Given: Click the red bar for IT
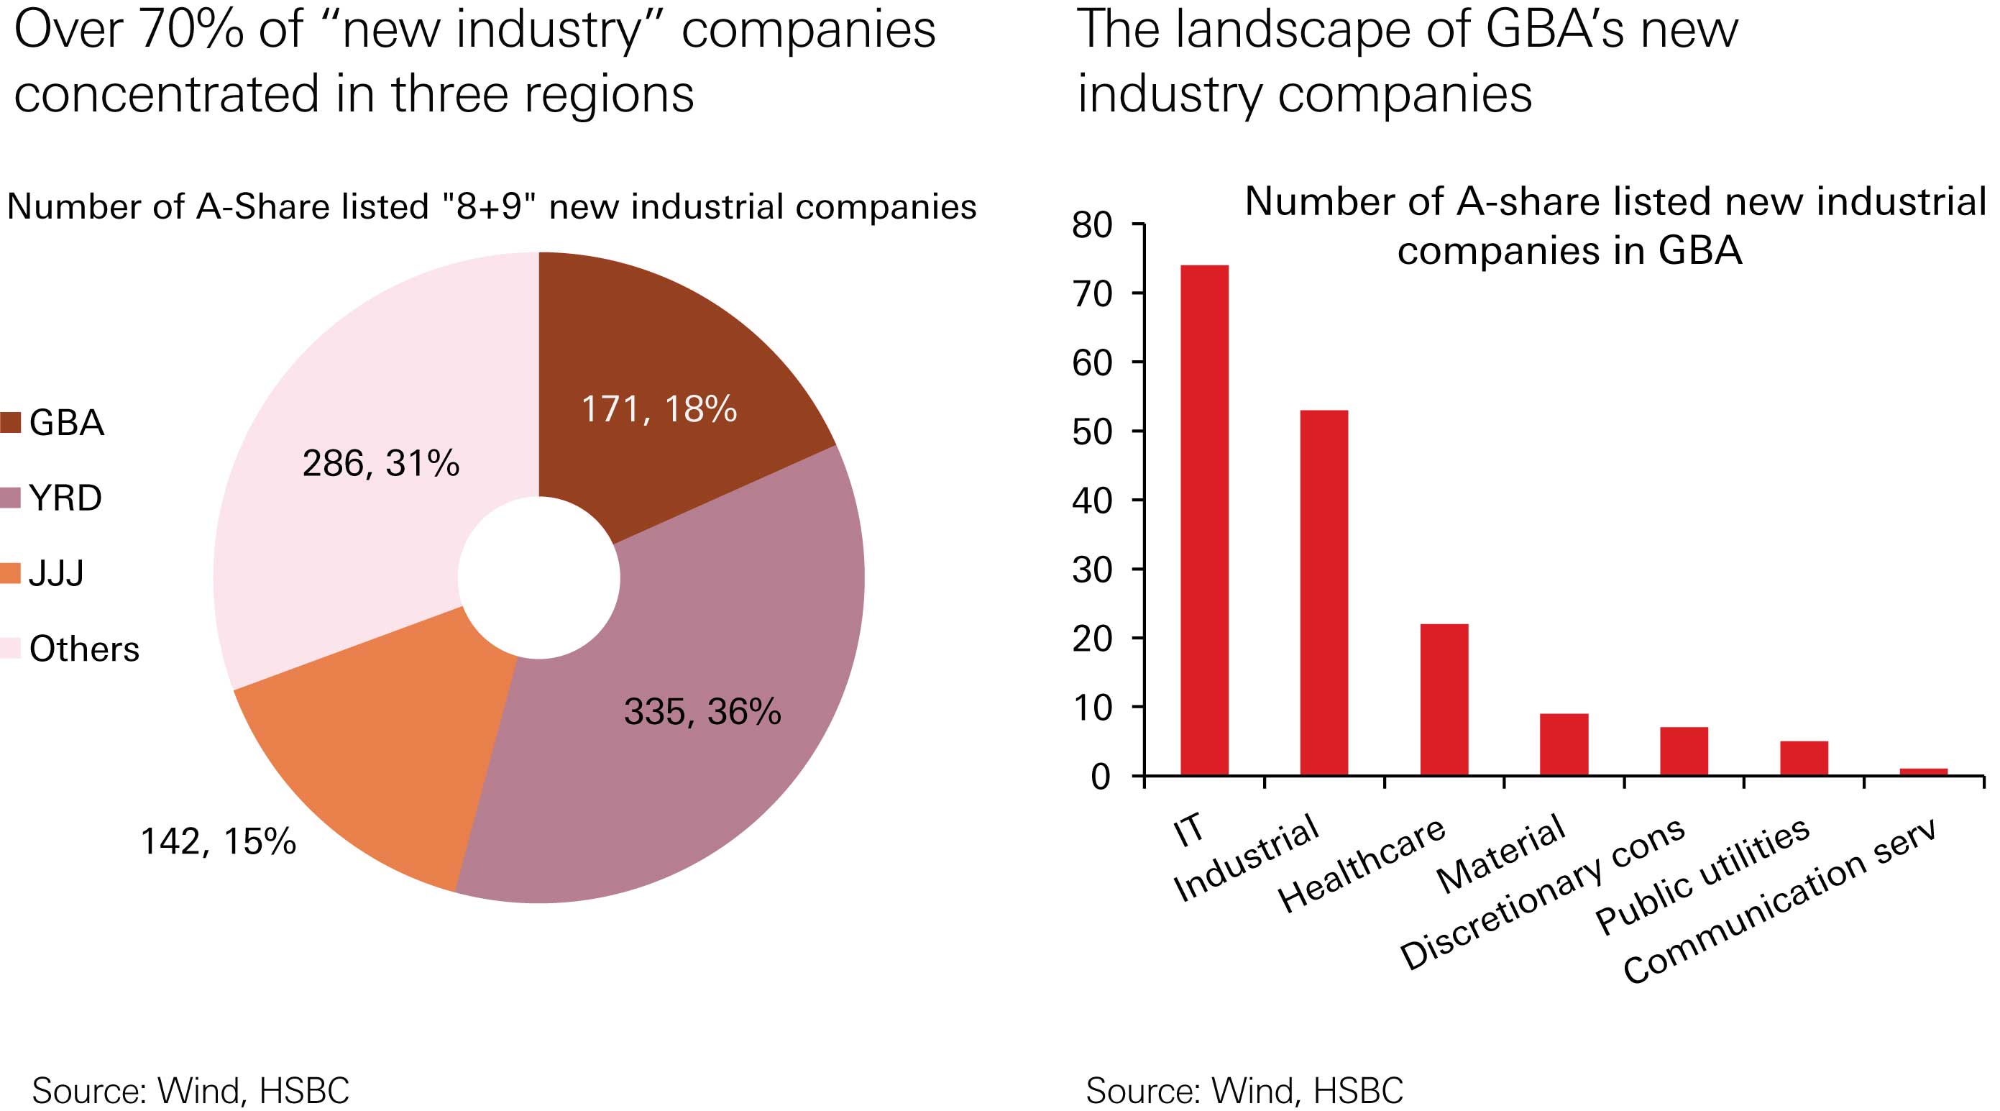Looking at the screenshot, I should (1204, 519).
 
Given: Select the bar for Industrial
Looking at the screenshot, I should (1324, 593).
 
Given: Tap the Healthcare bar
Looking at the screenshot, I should (1444, 699).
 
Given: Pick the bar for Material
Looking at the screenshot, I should (1564, 744).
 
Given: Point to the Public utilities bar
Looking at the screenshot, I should (1804, 758).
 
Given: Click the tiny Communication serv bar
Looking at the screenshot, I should (1923, 771).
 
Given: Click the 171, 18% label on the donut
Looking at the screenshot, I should (659, 409).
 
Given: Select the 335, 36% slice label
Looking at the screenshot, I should (702, 711).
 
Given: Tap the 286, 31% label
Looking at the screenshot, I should (380, 464).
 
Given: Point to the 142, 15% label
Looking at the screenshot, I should (218, 841).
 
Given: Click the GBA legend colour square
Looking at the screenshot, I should (11, 422).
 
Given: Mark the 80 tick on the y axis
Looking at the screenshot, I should (1093, 225).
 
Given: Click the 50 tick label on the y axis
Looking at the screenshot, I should (1093, 431).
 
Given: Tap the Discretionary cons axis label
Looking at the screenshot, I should (1541, 894).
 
